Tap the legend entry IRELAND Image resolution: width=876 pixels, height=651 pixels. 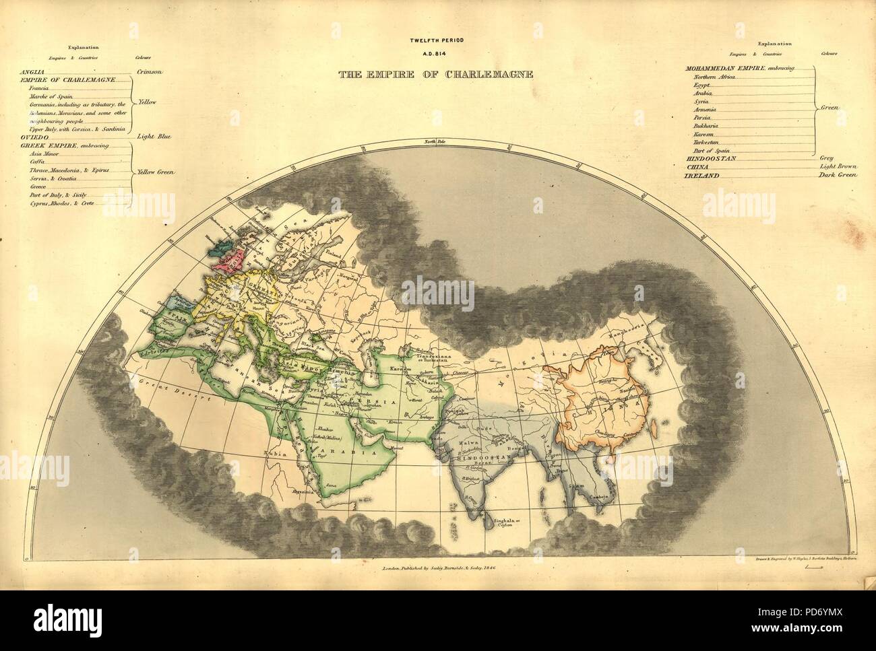click(700, 175)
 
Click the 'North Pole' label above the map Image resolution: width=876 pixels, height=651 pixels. click(436, 141)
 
